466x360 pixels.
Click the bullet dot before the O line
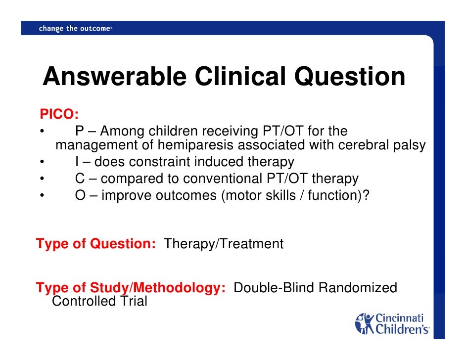tap(43, 196)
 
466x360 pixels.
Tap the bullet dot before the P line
tap(43, 132)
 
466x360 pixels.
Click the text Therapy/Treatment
tap(224, 244)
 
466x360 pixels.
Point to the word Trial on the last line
tap(131, 301)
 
